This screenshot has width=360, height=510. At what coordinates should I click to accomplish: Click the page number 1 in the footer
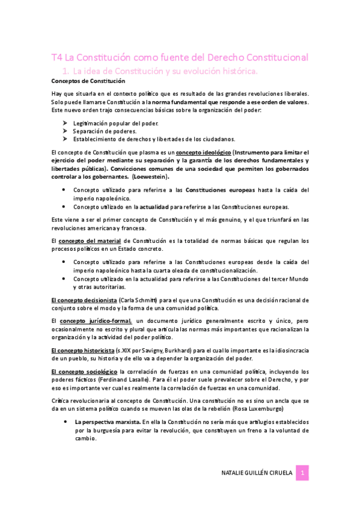[304, 473]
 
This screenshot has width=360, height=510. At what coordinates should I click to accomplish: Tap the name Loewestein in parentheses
[147, 177]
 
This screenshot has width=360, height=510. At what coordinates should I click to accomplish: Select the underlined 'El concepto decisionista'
[84, 300]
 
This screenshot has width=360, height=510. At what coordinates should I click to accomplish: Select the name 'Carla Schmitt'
[139, 300]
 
